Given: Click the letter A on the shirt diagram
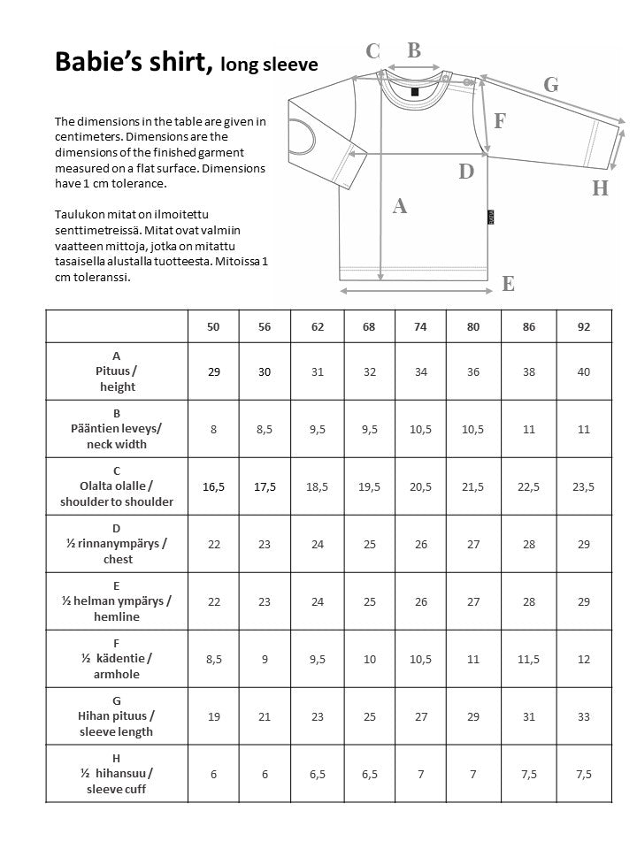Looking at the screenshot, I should [x=399, y=206].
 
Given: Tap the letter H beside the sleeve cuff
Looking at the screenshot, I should [x=600, y=188].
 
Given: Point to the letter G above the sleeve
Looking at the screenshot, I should [x=551, y=85].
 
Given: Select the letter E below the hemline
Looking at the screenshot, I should [x=508, y=284].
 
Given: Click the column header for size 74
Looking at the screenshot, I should [x=420, y=326].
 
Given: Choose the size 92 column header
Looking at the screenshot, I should [x=583, y=326].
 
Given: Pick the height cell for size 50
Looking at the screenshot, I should [x=213, y=371].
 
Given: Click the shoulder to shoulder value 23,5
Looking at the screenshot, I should [x=583, y=486].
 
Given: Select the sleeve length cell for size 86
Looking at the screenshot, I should [x=528, y=716].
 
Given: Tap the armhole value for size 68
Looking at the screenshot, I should [x=369, y=659].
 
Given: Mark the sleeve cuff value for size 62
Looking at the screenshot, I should [x=318, y=774].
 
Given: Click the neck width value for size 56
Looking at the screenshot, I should [x=265, y=429].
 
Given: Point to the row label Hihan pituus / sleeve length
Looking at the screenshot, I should [x=116, y=716].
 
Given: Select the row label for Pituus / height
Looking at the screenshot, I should [x=116, y=371].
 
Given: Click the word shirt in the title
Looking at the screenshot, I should [x=180, y=62].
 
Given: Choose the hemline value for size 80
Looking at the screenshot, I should [x=473, y=601].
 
